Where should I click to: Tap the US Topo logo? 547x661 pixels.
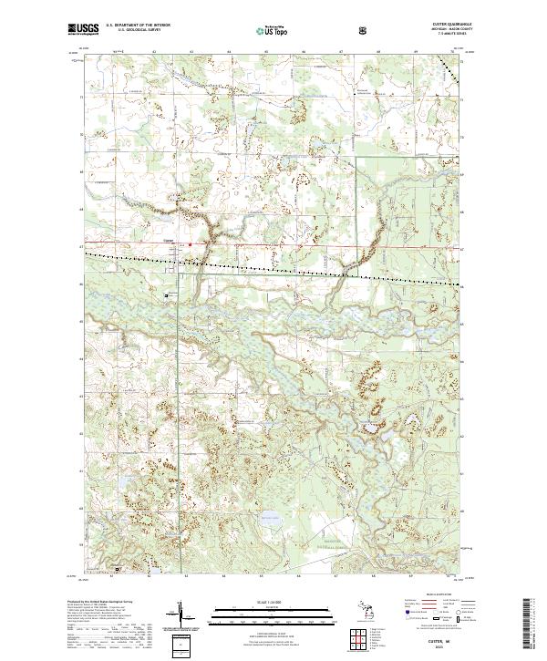pyautogui.click(x=271, y=30)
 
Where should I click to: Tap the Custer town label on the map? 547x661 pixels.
pyautogui.click(x=168, y=241)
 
